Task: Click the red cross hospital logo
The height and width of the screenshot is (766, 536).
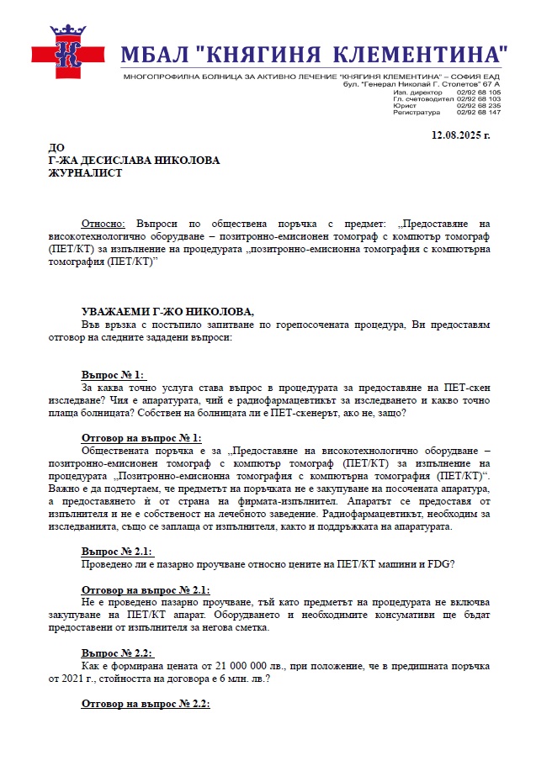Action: tap(68, 53)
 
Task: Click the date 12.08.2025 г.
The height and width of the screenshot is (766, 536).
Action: tap(460, 135)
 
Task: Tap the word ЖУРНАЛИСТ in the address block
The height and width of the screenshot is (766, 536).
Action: tap(85, 173)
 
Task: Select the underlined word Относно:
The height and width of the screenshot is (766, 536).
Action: tap(103, 225)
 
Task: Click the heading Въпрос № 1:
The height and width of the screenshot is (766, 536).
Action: tap(114, 374)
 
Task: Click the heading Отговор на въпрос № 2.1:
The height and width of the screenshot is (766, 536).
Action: tap(146, 589)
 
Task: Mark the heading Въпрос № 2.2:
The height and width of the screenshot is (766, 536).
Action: tap(118, 652)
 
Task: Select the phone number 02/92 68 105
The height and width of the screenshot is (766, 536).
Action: tap(479, 92)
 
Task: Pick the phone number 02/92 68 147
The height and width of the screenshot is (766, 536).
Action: tap(479, 113)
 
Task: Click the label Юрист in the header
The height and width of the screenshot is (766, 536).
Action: tap(401, 106)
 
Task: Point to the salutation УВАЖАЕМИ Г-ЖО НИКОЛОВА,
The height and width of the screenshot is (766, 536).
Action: tap(167, 311)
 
